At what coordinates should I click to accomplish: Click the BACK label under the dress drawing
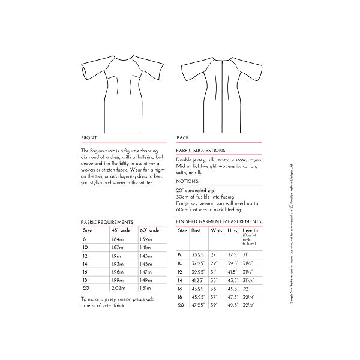click(184, 137)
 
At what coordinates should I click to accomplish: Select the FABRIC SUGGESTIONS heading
click(201, 151)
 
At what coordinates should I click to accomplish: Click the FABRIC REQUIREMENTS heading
click(107, 221)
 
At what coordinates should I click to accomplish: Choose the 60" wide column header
click(149, 230)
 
